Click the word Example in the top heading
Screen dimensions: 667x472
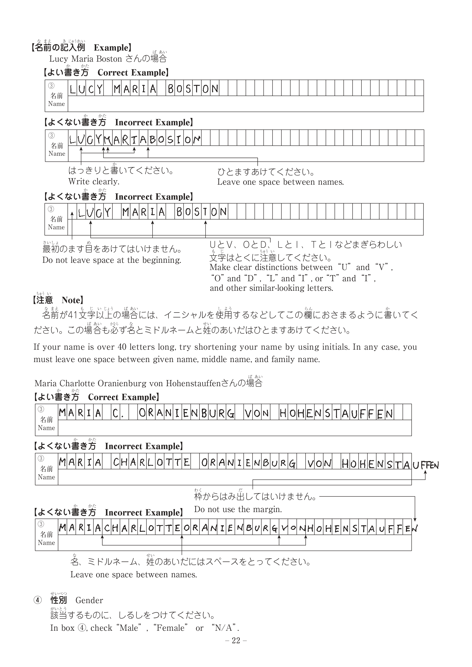111,48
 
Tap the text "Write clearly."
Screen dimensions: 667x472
94,182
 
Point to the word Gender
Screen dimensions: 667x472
89,600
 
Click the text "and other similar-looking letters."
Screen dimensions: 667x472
271,288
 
